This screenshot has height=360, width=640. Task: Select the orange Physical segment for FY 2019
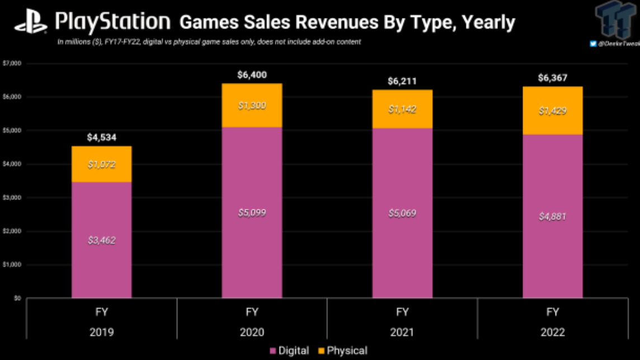[102, 164]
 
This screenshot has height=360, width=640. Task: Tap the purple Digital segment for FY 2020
[252, 213]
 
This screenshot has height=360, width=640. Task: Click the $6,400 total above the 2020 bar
[252, 75]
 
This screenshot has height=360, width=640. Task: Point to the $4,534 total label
[101, 138]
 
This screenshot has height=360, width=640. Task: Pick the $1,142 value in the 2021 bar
[402, 110]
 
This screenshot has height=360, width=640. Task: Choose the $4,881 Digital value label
[552, 216]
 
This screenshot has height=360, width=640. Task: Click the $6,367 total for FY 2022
[552, 78]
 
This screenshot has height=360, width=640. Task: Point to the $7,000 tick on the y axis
[12, 63]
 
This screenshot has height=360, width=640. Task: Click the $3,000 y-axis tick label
[12, 198]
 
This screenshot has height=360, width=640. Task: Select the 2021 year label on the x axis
[402, 332]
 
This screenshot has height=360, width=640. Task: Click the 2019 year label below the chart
[101, 332]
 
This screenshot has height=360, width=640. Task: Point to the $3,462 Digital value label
[101, 240]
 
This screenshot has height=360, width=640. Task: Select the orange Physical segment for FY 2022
[552, 111]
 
